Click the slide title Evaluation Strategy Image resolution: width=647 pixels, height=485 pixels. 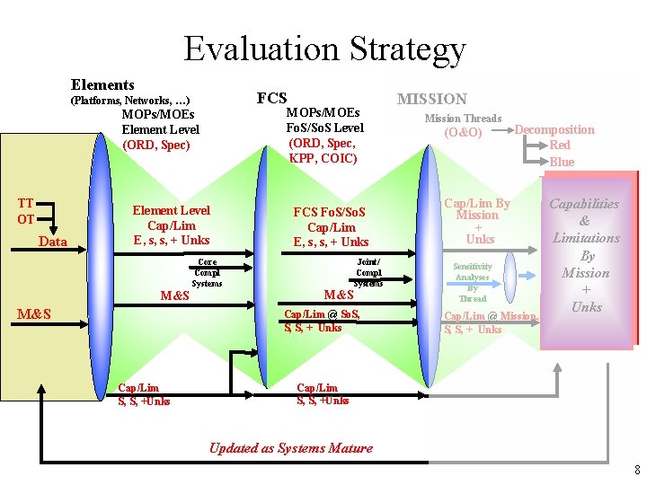[x=324, y=48]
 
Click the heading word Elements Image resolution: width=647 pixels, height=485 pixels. [x=102, y=84]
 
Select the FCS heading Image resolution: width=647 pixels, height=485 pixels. [x=271, y=98]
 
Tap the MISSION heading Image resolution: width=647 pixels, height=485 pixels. [x=432, y=99]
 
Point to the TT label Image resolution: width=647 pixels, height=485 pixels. [x=26, y=204]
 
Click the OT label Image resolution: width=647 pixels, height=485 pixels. [x=26, y=219]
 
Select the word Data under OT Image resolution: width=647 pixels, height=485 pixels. [x=53, y=242]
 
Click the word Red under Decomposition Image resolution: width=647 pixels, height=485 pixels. [x=560, y=145]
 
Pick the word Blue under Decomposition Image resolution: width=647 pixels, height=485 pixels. [x=562, y=162]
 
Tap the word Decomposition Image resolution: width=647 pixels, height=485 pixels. [x=554, y=129]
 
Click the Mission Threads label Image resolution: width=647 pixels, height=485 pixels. [x=463, y=119]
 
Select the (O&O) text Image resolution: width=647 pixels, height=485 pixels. [x=463, y=133]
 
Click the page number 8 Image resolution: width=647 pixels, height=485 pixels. [x=636, y=470]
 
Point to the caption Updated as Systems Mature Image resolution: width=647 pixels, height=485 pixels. [x=290, y=448]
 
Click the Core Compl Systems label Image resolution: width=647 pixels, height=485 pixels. [x=207, y=272]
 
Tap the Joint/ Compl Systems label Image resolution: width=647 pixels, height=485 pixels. [x=368, y=272]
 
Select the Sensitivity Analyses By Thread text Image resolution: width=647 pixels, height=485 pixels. [x=472, y=282]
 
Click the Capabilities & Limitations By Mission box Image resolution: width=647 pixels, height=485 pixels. [x=585, y=255]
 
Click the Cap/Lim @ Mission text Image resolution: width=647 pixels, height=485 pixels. [x=491, y=316]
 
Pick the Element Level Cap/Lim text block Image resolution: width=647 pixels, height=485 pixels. [x=171, y=225]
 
